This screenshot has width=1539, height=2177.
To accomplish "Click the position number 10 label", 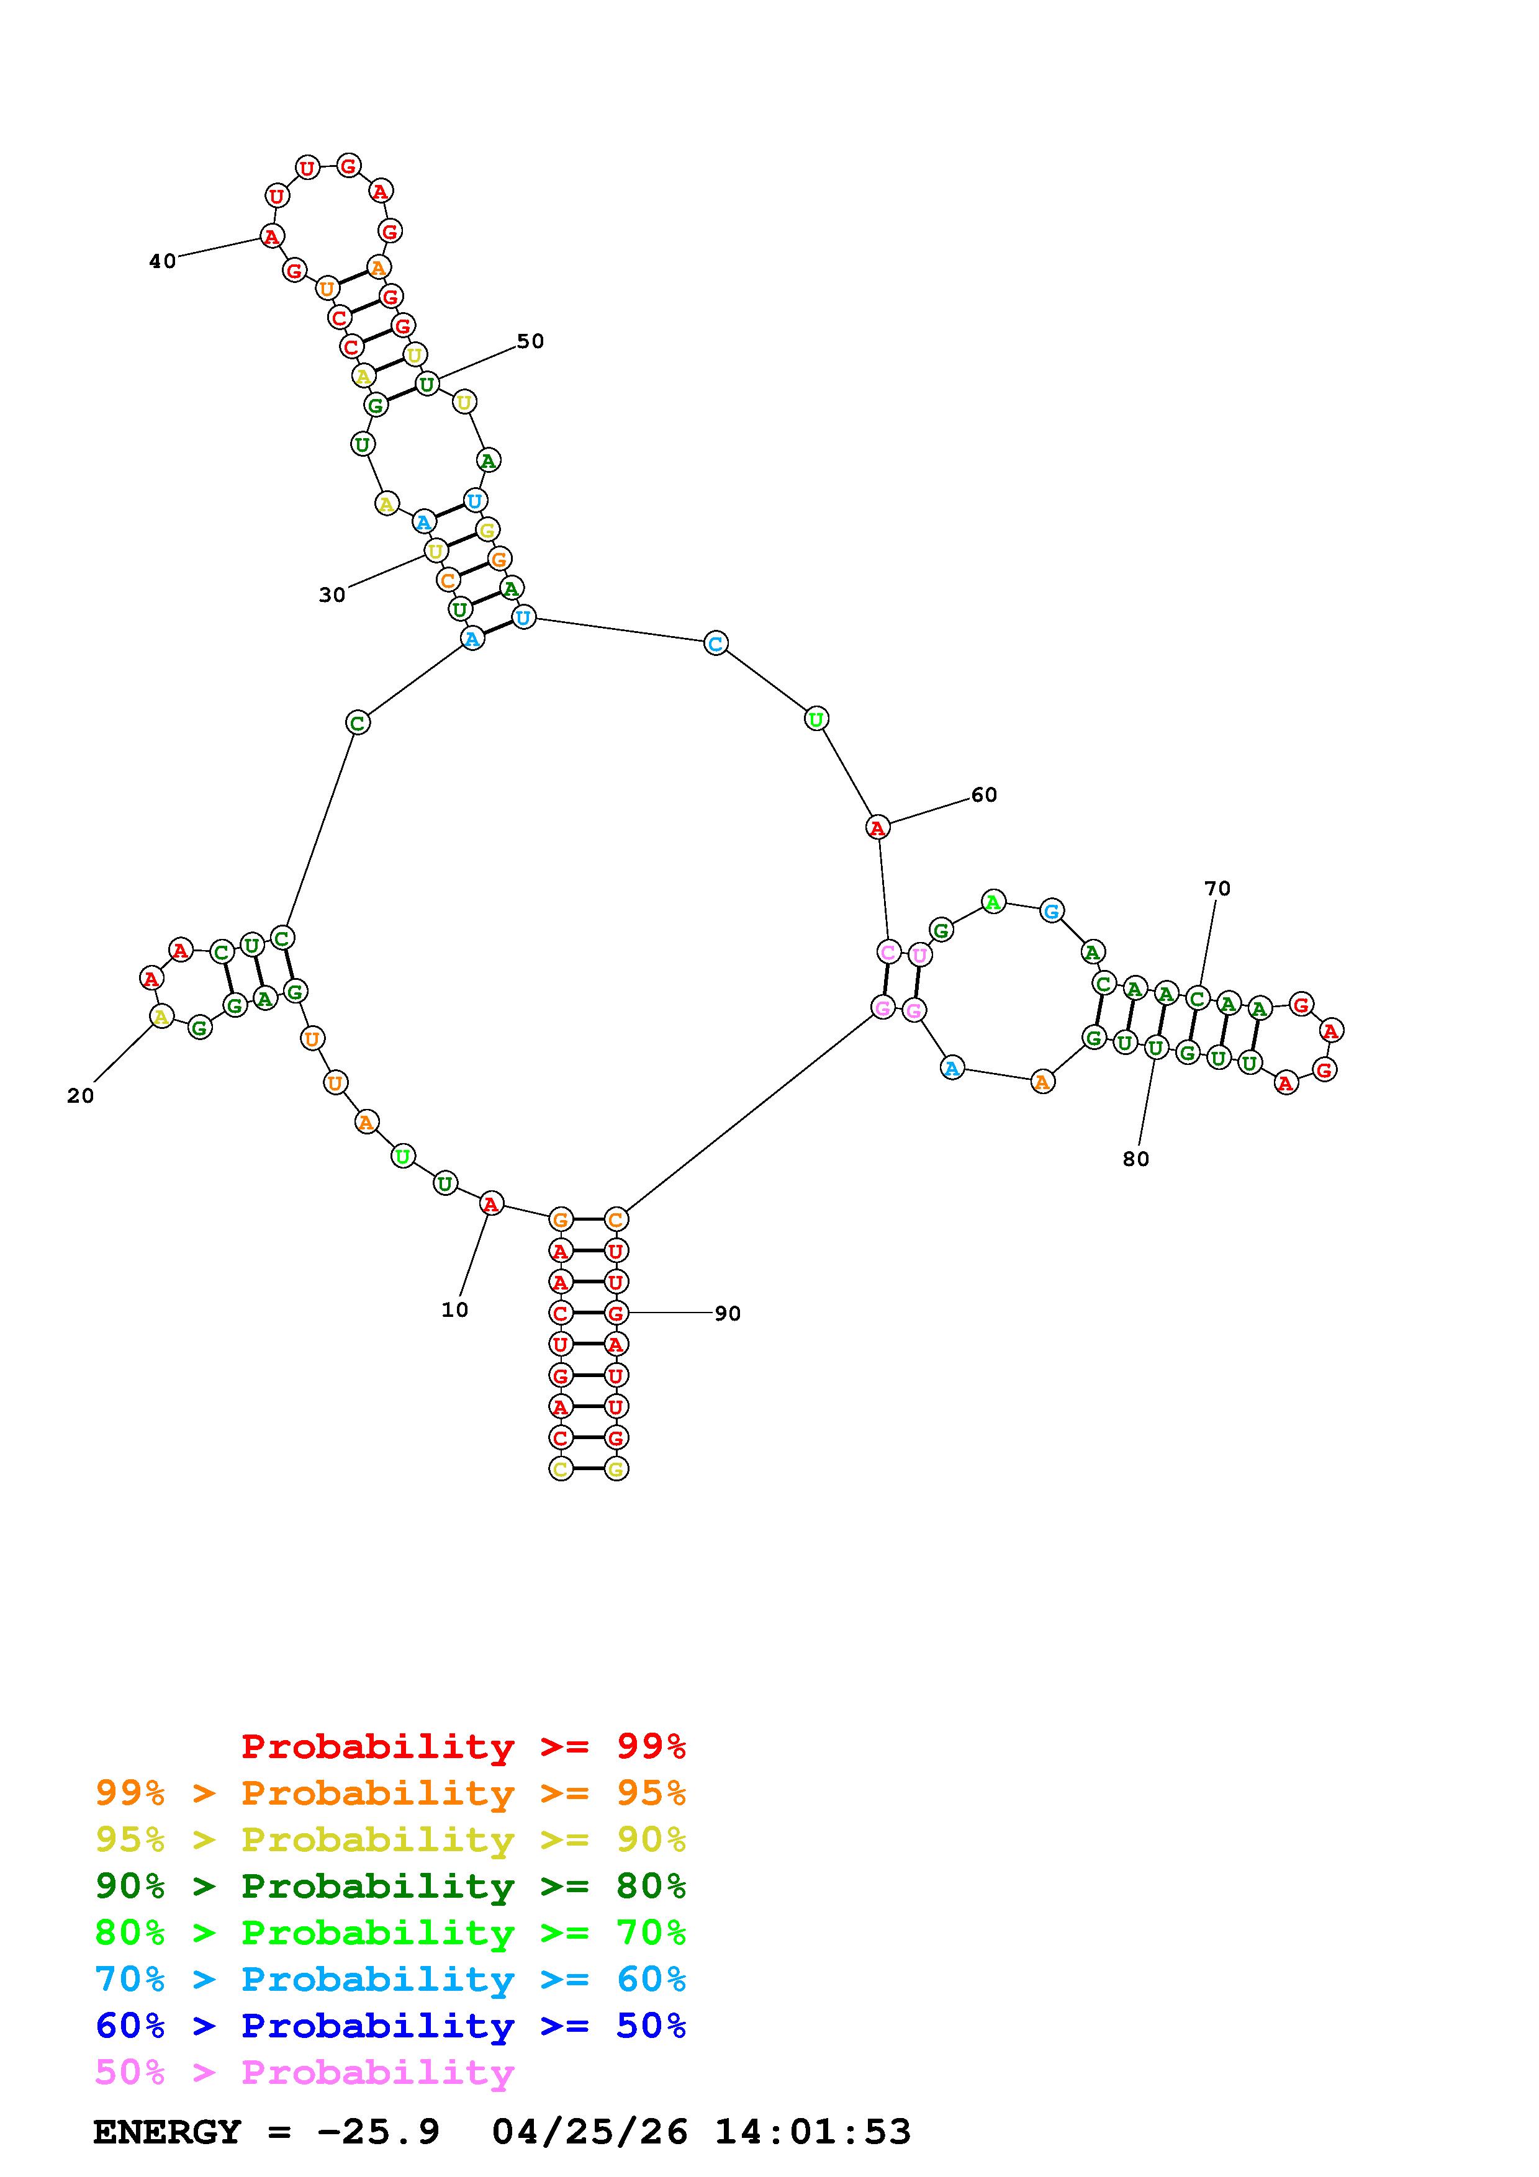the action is pyautogui.click(x=454, y=1309).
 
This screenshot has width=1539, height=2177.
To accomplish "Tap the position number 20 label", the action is pyautogui.click(x=81, y=1096).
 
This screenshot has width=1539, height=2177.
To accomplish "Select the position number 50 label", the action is pyautogui.click(x=530, y=341).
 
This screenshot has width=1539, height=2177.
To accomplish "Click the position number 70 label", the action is pyautogui.click(x=1217, y=889).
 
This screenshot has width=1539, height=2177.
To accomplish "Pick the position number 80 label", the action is pyautogui.click(x=1136, y=1159).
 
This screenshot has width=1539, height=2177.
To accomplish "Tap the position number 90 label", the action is pyautogui.click(x=728, y=1313).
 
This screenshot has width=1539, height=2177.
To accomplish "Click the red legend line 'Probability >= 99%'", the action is pyautogui.click(x=464, y=1746).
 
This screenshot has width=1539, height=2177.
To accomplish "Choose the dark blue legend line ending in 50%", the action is pyautogui.click(x=390, y=2026).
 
